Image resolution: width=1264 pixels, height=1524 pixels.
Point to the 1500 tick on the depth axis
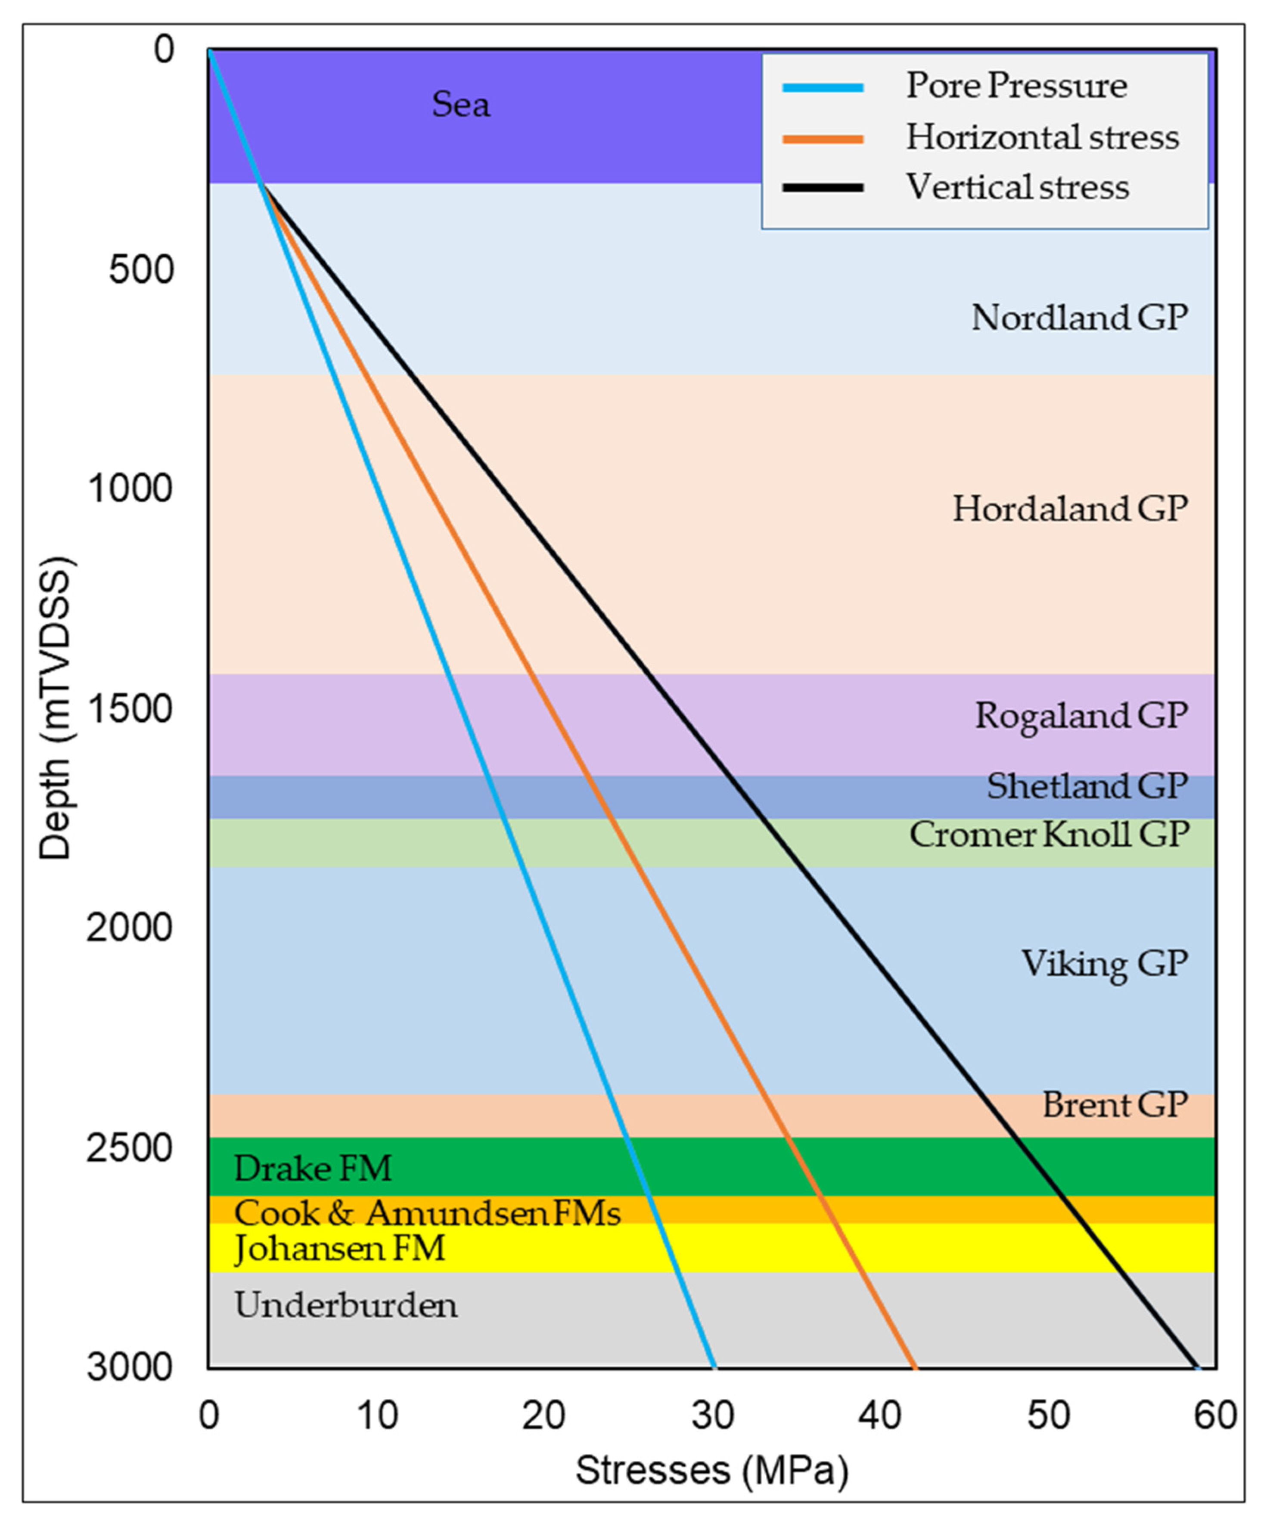130,708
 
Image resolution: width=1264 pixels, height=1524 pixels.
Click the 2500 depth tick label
130,1148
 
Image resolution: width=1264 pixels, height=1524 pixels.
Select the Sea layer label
461,105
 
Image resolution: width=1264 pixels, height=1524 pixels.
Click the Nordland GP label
1080,318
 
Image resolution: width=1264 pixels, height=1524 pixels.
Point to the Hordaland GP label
1070,510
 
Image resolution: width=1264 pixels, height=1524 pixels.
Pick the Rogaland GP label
1081,716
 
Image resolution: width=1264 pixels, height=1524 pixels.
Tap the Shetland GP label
1087,786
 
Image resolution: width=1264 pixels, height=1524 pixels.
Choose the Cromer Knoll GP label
1049,835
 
